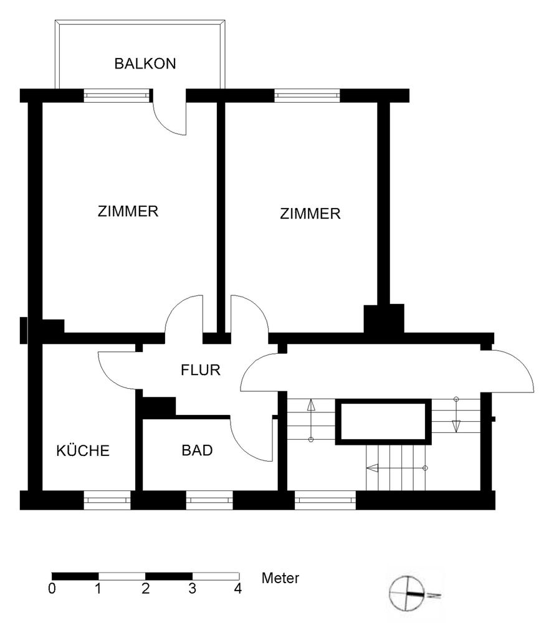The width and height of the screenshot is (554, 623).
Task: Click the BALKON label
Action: tap(145, 64)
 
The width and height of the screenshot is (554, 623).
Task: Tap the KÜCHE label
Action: tap(83, 450)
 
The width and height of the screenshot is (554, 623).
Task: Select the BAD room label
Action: tap(197, 450)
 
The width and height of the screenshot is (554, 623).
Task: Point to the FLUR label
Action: tap(200, 370)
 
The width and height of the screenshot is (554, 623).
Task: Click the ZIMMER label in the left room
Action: tap(128, 211)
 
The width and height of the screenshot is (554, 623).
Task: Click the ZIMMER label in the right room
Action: tap(310, 214)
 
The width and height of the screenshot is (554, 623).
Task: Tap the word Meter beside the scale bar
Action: tap(280, 578)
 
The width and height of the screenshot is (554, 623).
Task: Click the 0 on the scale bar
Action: tap(52, 589)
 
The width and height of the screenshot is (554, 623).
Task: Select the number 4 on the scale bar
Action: tap(237, 589)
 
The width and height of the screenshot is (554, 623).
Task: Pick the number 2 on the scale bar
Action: tap(145, 589)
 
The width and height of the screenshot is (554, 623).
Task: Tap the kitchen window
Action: tap(107, 500)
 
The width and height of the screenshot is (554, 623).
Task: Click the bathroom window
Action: tap(209, 500)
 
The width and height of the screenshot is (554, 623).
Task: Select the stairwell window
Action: tap(325, 500)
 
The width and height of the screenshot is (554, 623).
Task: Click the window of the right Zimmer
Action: tap(307, 95)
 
